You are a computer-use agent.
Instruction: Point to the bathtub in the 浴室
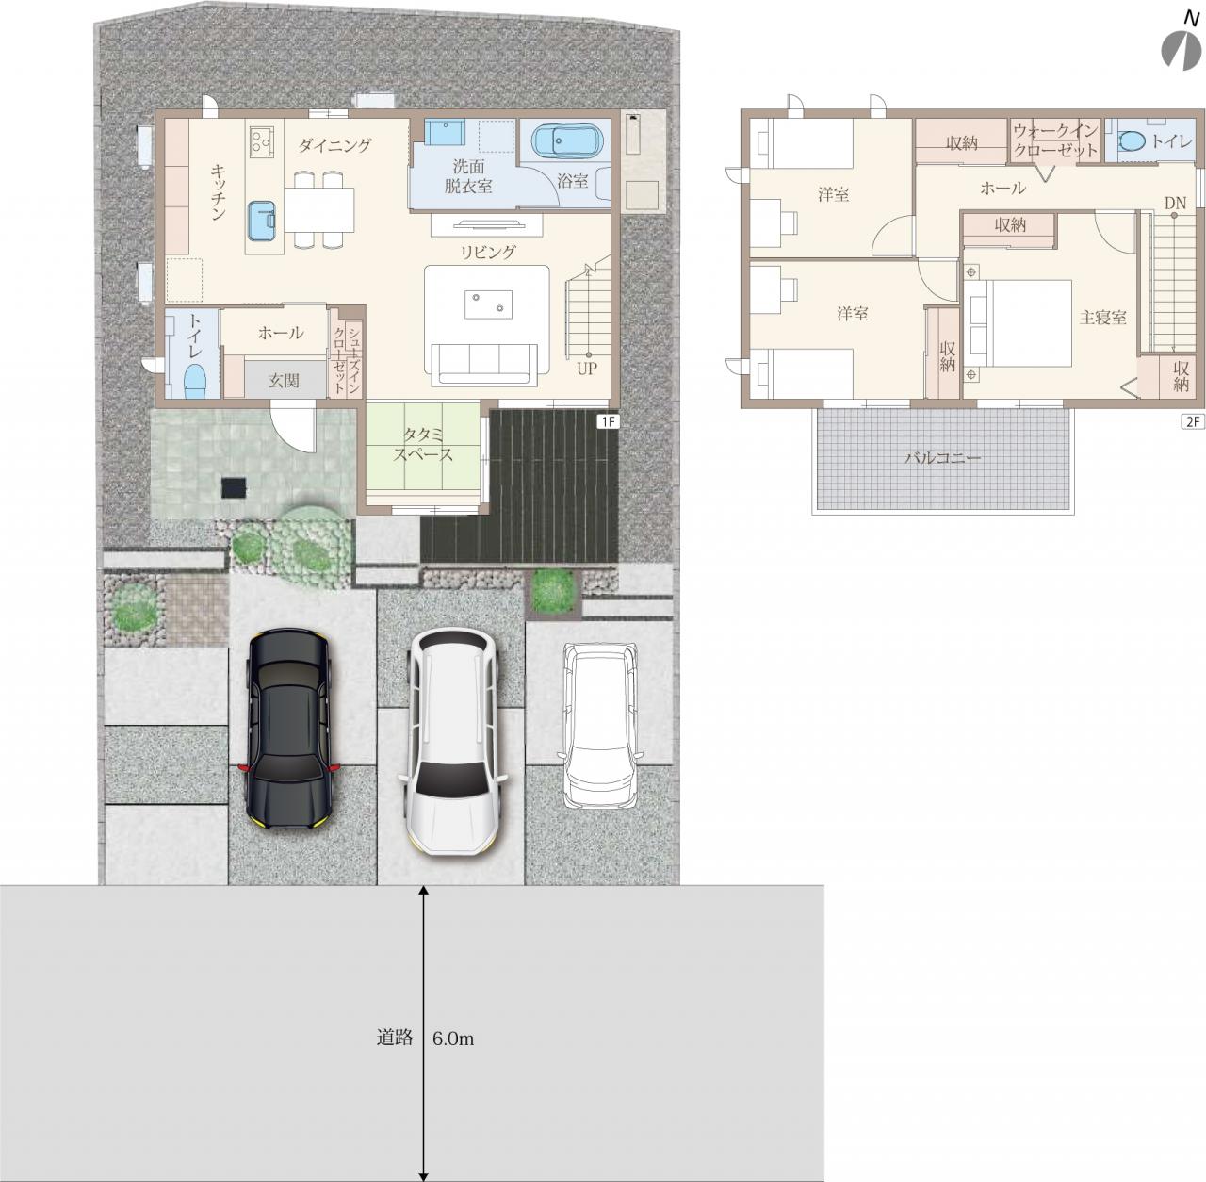click(567, 142)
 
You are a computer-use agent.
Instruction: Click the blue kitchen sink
click(263, 221)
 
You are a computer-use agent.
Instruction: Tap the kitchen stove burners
click(261, 142)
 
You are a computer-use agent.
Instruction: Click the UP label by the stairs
click(586, 369)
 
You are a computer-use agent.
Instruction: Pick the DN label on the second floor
click(1175, 203)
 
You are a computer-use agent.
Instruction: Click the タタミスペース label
click(422, 444)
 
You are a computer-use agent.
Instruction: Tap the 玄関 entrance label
click(284, 380)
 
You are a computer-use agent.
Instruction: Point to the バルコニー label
click(942, 458)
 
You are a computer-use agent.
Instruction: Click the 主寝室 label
click(1102, 318)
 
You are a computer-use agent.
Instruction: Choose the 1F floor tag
click(608, 421)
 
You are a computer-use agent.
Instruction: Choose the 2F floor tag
click(1193, 421)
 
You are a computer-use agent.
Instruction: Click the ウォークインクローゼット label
click(1055, 141)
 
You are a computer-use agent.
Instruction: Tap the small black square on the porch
click(234, 486)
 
